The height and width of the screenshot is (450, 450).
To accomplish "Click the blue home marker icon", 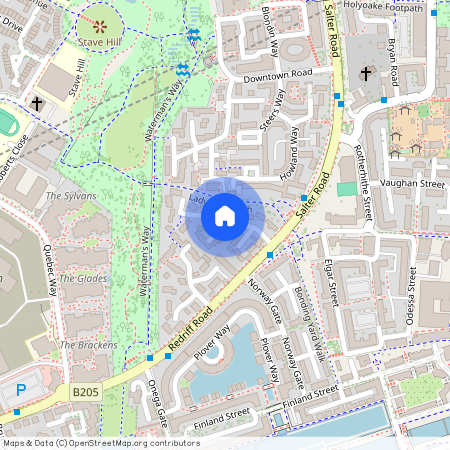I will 225,216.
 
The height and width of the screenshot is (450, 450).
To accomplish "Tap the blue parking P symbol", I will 21,390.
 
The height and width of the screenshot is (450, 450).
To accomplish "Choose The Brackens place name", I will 81,344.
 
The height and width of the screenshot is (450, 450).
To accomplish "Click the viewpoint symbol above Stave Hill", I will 99,22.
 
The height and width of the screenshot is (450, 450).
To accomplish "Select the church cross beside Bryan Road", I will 366,74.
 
